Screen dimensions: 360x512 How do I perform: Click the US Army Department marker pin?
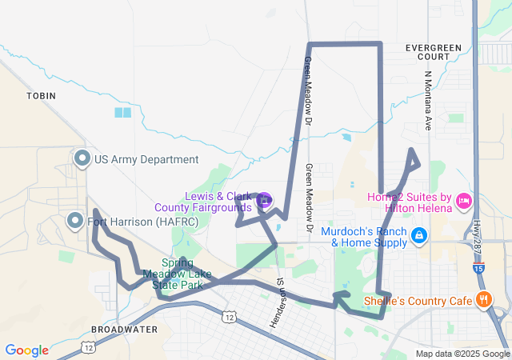click(x=82, y=158)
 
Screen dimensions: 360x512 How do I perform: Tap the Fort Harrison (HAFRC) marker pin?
click(x=75, y=220)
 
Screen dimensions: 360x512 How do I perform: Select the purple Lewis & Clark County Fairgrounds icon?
click(x=265, y=199)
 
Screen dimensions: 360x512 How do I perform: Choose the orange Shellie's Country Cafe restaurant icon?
click(x=483, y=300)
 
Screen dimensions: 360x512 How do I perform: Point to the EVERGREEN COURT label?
click(x=434, y=52)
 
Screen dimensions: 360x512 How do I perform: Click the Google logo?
click(x=26, y=350)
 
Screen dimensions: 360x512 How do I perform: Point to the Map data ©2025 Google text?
click(x=462, y=354)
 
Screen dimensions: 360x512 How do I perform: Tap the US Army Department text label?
click(x=146, y=159)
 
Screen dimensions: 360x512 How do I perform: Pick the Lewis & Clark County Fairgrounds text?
click(x=214, y=202)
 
